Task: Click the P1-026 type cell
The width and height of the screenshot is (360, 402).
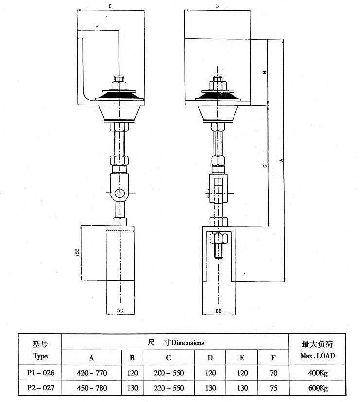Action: (40, 373)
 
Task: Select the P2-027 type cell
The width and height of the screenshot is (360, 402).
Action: (40, 388)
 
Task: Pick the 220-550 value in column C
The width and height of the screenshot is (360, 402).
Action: (168, 388)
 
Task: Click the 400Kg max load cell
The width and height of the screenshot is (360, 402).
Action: (318, 373)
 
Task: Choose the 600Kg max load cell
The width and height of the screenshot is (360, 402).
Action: (318, 388)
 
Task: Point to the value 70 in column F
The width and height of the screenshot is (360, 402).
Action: (273, 373)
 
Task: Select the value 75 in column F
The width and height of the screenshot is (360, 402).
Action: (273, 388)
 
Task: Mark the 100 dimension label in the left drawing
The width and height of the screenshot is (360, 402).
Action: (77, 253)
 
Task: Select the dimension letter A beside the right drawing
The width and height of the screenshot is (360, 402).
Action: (280, 160)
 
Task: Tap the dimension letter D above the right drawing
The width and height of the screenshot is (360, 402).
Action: (217, 7)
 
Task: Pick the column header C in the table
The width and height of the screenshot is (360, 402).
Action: (168, 358)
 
